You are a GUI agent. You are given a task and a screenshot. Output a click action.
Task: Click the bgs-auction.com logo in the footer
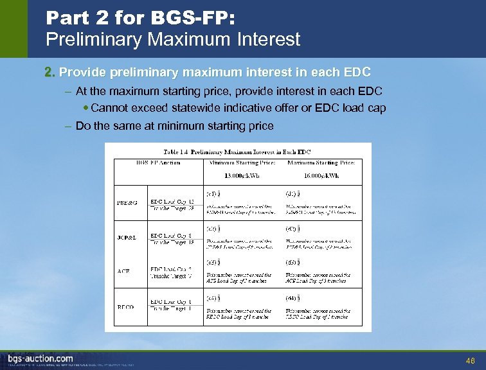tap(40, 358)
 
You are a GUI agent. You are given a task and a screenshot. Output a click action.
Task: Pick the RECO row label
tap(127, 307)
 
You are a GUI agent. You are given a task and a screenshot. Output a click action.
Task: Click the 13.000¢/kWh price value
tap(242, 175)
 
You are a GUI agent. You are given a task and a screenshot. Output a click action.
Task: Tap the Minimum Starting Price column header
tap(242, 163)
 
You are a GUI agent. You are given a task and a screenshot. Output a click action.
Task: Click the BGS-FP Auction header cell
tap(158, 163)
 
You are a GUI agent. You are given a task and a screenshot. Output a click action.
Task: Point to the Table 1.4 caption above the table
tap(237, 152)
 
